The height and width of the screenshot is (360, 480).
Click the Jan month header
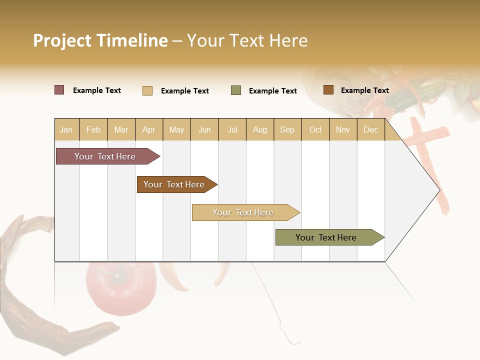point(66,129)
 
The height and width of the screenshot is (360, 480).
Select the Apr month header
point(149,129)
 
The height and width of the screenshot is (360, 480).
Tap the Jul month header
point(232,129)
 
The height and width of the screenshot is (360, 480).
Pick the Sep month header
point(287,129)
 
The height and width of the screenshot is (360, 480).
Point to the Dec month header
point(370,129)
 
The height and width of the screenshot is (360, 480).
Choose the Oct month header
point(315,129)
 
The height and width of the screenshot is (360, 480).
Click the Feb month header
point(93,129)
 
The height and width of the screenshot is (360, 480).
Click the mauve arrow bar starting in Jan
point(105,156)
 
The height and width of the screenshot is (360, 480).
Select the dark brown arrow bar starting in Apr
point(174,184)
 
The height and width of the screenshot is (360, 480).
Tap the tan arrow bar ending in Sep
point(243,212)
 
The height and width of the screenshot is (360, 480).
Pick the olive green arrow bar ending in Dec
point(326,237)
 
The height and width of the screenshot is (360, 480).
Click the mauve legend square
point(59,90)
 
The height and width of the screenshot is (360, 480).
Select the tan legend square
point(147,90)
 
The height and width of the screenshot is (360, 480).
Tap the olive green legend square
point(236,90)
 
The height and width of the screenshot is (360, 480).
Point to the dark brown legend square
point(328,90)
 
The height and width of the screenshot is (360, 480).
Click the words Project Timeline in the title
point(100,40)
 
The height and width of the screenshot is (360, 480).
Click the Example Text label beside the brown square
point(364,90)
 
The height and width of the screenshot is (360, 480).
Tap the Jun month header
point(204,129)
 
